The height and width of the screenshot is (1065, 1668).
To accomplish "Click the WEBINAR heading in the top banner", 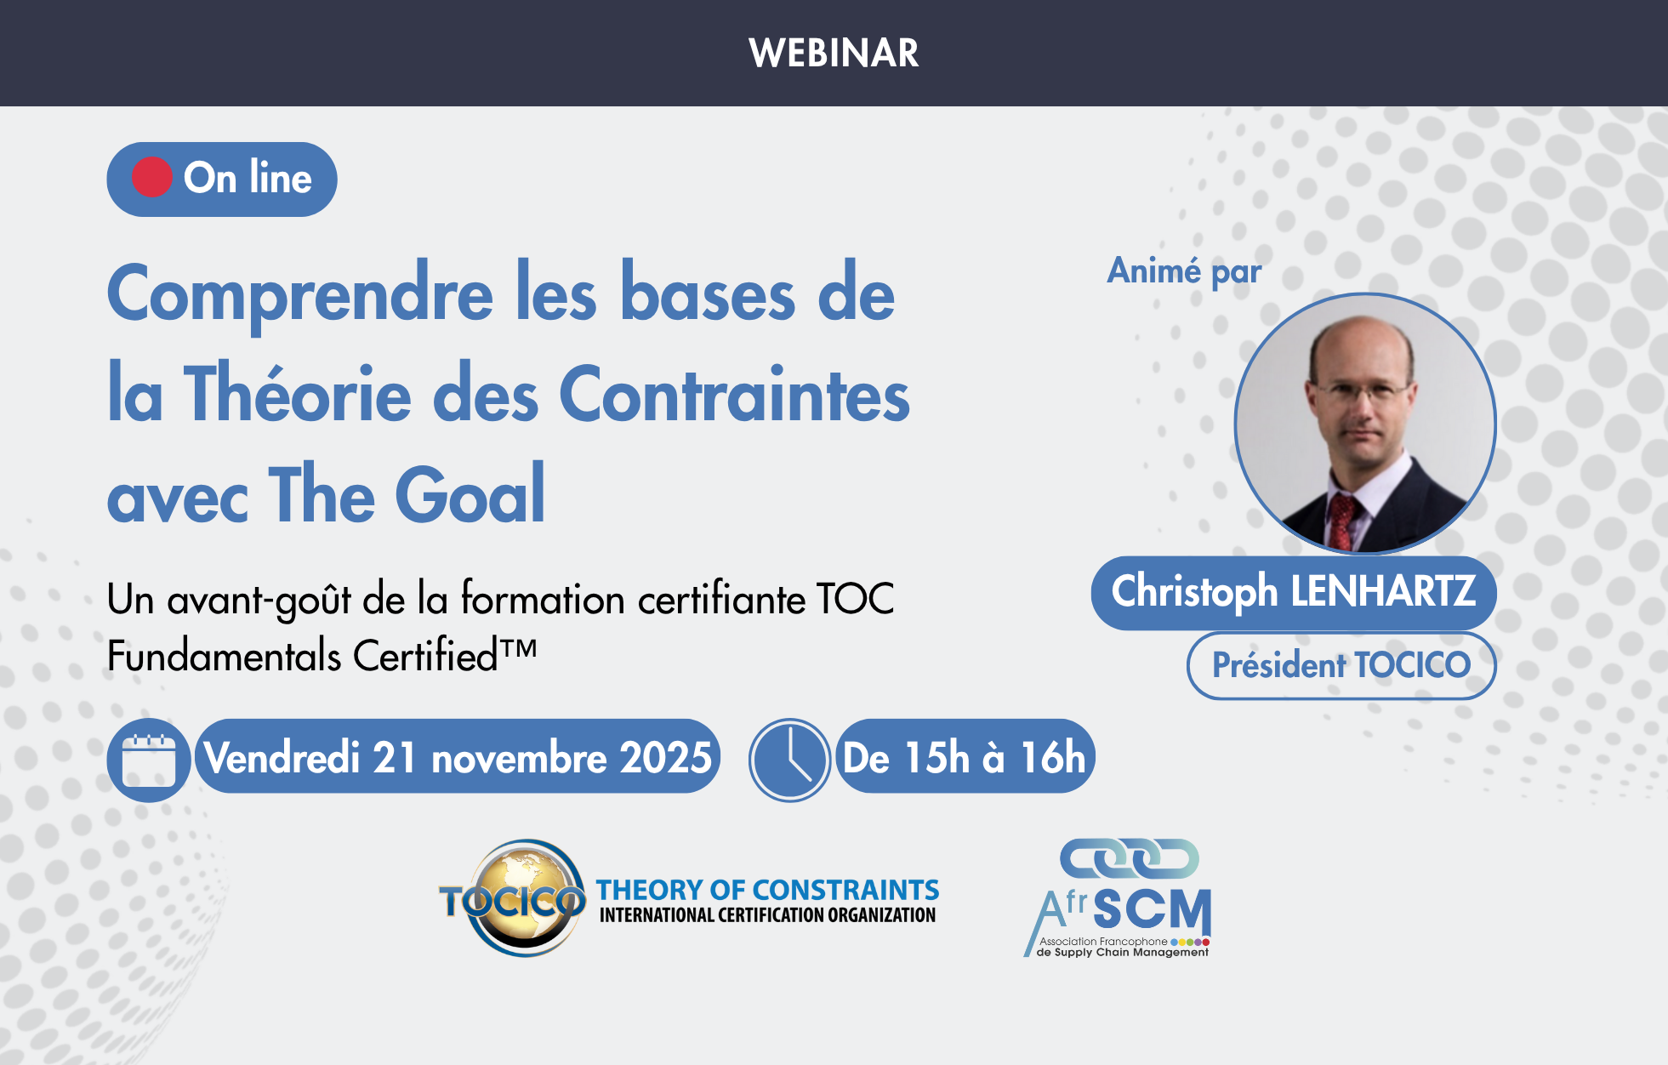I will click(x=834, y=53).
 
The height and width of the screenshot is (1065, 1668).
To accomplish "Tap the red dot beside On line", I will click(x=152, y=178).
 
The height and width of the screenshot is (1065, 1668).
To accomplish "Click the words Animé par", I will click(x=1183, y=271).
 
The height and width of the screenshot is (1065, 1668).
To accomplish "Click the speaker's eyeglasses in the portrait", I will click(x=1363, y=394).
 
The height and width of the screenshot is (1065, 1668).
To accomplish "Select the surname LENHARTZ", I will click(x=1384, y=591).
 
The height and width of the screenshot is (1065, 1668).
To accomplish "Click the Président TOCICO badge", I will click(x=1341, y=665).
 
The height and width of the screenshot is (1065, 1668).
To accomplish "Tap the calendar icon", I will click(x=149, y=760).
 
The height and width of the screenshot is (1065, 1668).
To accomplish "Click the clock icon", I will click(x=789, y=760).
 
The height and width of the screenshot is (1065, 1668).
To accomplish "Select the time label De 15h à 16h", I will click(x=965, y=757).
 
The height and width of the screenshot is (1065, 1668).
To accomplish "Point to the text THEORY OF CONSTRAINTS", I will click(x=767, y=890).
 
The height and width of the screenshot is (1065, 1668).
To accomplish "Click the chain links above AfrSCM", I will click(x=1129, y=858).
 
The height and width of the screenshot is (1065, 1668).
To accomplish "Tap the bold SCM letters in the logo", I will click(x=1152, y=909).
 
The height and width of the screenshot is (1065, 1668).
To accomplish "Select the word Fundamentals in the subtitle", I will click(x=225, y=657).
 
